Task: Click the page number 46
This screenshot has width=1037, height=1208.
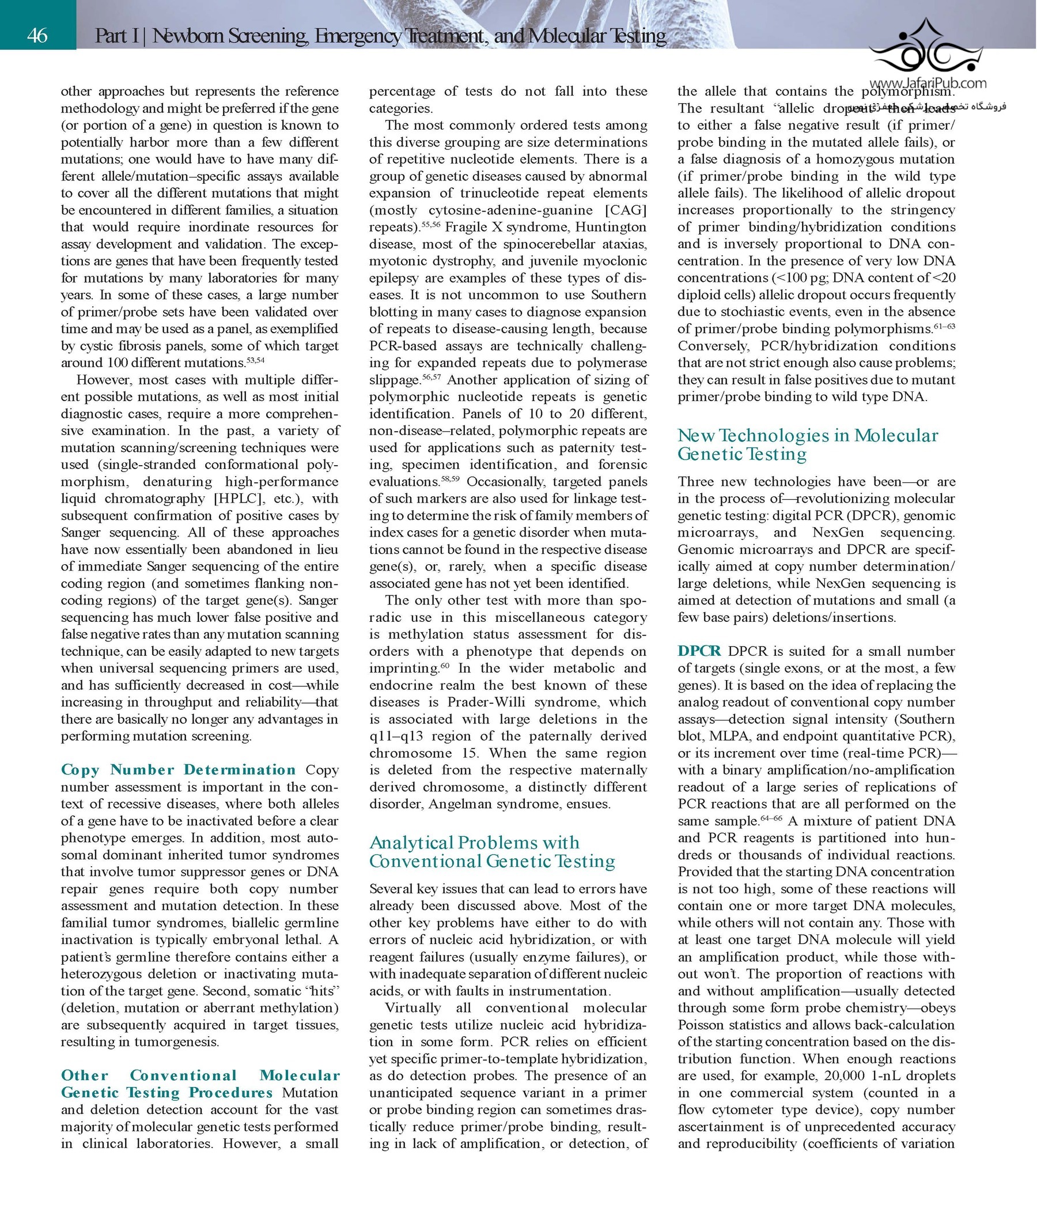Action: pos(37,36)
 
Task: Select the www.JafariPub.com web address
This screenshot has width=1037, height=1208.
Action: pos(928,84)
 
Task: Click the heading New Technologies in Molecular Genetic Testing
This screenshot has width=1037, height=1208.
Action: pos(807,444)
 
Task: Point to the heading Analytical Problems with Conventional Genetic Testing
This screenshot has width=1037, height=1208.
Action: pos(492,852)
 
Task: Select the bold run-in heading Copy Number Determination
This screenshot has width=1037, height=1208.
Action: pos(179,770)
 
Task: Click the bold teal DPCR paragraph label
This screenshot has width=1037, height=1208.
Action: pos(699,651)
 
